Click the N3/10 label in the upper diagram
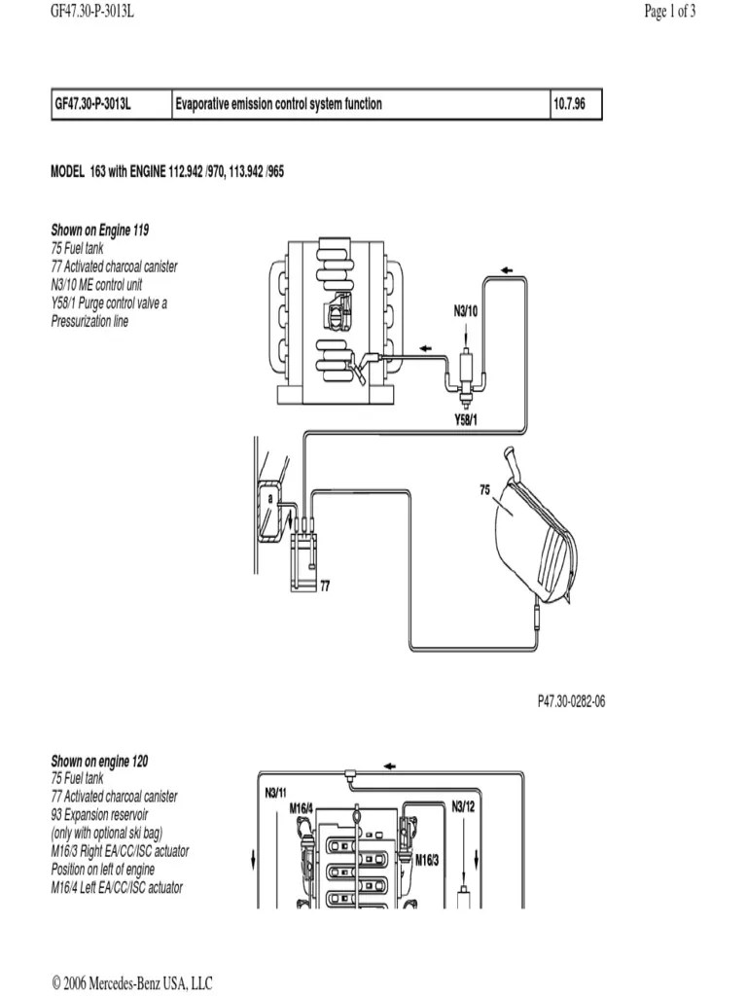pos(466,311)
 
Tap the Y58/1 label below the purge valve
pos(466,419)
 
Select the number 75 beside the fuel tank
pos(484,492)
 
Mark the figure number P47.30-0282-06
pos(571,702)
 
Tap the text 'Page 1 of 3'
pos(670,12)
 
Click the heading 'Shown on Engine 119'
pos(100,231)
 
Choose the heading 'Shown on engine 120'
pos(99,761)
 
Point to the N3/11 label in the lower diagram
pos(276,792)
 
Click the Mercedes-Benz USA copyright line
pos(132,983)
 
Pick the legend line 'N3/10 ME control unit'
pos(110,285)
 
